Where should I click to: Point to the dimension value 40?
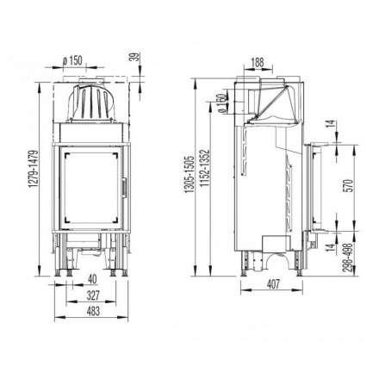tap(90, 278)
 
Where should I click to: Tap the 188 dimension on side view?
tap(258, 62)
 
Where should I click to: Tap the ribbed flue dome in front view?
tap(92, 103)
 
